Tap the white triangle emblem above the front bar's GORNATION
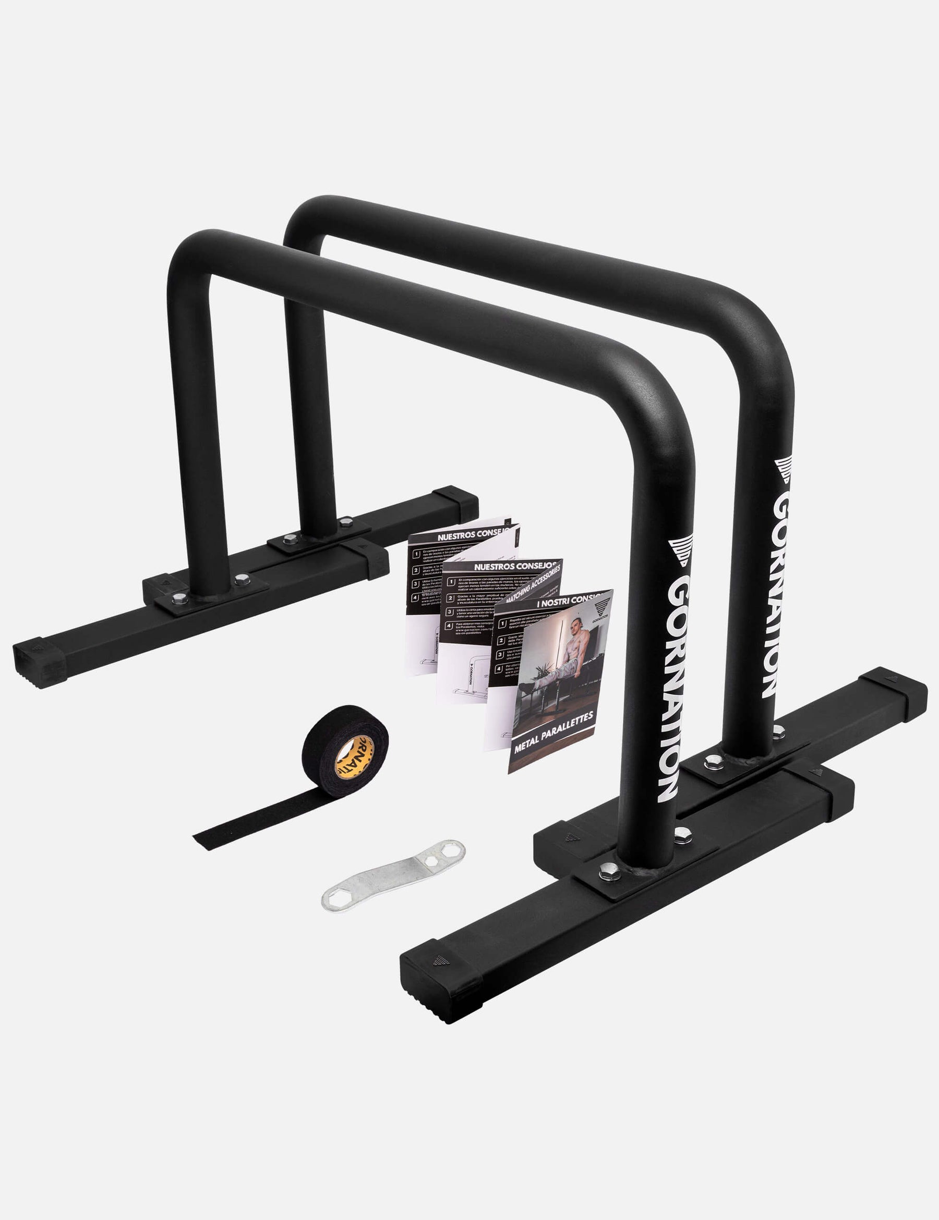(681, 550)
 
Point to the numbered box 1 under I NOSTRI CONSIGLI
(502, 623)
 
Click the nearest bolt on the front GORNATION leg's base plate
(609, 871)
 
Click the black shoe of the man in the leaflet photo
(526, 688)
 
